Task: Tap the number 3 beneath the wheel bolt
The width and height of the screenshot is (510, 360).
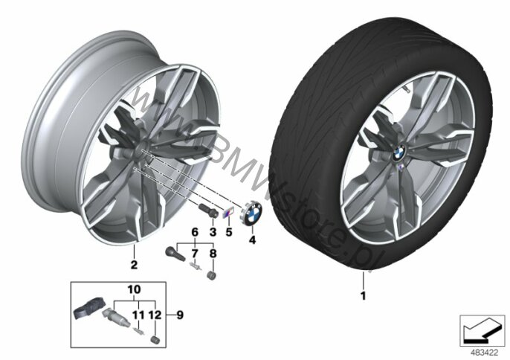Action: (x=213, y=233)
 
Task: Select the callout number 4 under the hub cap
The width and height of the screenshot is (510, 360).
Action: (x=251, y=240)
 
